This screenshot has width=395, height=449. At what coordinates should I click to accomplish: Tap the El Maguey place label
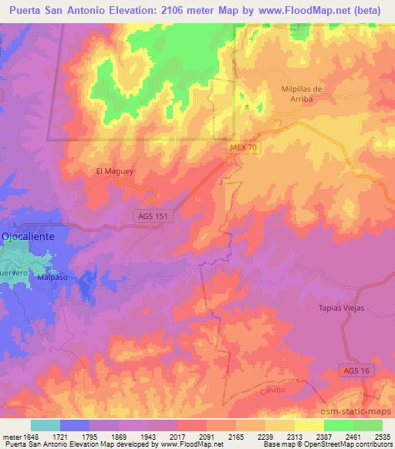110,171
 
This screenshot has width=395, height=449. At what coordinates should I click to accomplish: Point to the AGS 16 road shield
355,372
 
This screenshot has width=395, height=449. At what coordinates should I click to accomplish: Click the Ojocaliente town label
28,237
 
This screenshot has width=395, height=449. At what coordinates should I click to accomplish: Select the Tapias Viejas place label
340,308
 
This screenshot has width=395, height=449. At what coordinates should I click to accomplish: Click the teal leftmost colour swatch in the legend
46,425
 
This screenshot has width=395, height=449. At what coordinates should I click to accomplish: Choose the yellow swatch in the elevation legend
309,425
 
